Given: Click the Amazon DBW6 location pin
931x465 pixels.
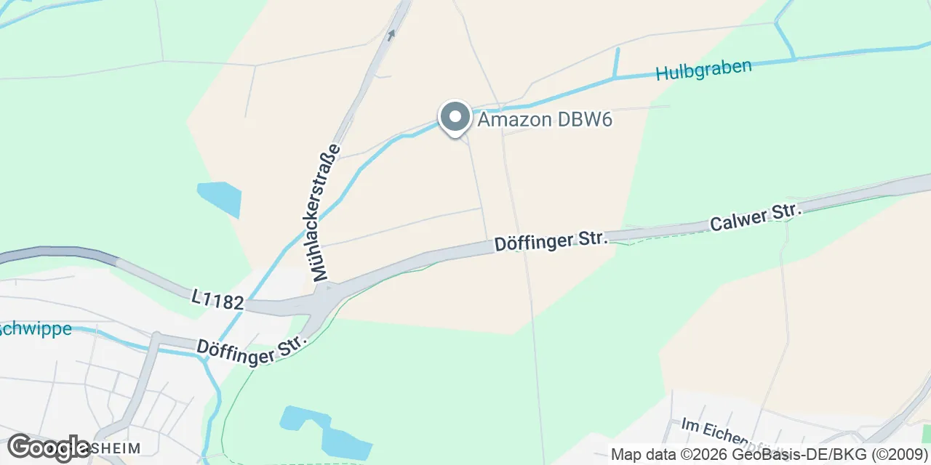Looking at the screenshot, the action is point(455,118).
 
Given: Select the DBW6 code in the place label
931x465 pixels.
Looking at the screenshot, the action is point(585,120).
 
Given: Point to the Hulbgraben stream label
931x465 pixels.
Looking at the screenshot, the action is point(703,70).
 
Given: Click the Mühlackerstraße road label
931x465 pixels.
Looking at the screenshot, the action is point(325,213).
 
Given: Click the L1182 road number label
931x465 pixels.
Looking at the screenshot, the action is point(218,299).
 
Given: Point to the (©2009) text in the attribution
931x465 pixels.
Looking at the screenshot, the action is point(899,455).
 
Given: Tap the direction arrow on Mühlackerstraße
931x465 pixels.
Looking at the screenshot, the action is point(392,34).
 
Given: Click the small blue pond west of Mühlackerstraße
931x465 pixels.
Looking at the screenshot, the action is point(219,198).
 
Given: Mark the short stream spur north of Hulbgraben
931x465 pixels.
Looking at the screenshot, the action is point(617,62).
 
